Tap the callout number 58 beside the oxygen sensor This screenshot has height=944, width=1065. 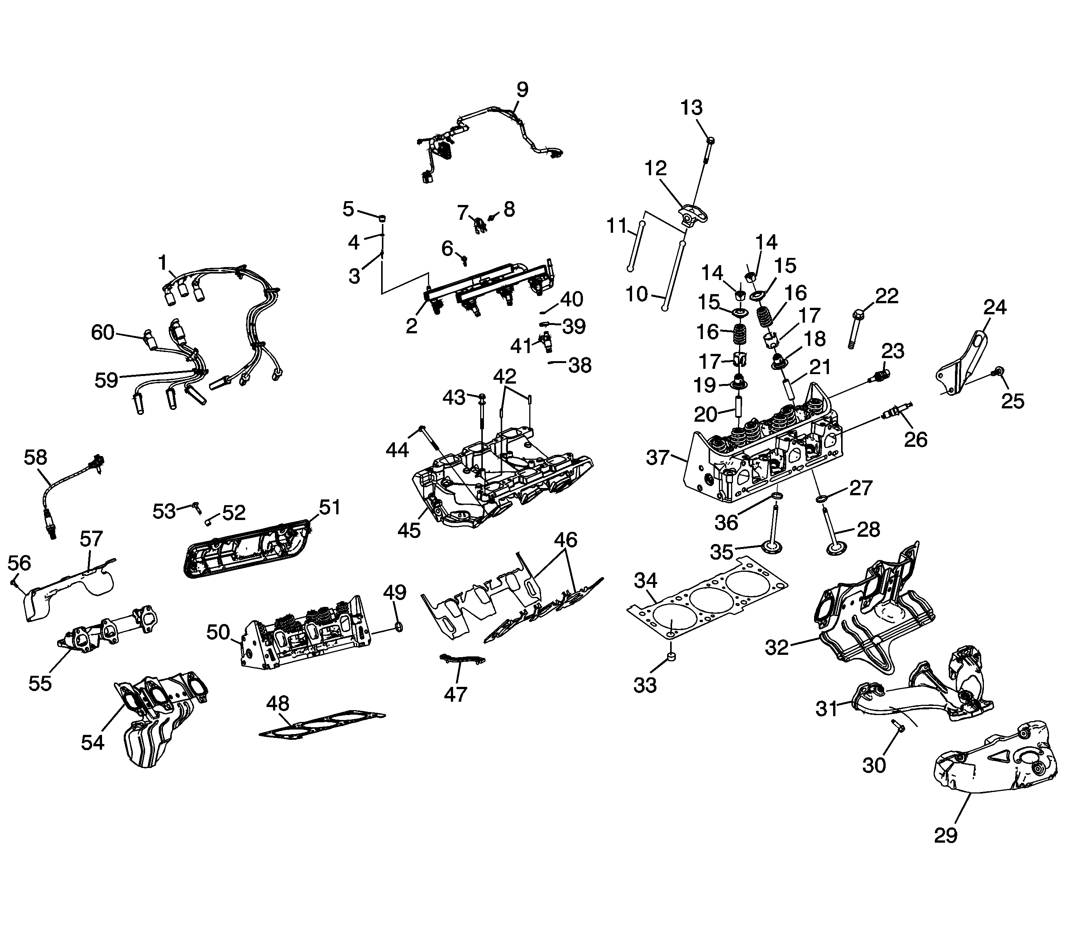pyautogui.click(x=35, y=458)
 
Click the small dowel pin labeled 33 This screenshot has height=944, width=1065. pyautogui.click(x=671, y=656)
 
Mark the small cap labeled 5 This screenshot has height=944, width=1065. pyautogui.click(x=382, y=218)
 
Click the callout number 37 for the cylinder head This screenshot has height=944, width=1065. pyautogui.click(x=657, y=458)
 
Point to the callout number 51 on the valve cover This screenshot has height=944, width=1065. pyautogui.click(x=329, y=507)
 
